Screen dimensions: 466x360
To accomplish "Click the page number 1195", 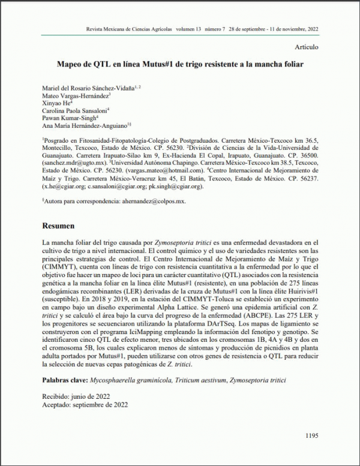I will [x=311, y=435].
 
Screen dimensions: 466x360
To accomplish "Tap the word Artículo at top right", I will [x=307, y=47].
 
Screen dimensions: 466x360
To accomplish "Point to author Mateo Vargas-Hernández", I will [x=76, y=95].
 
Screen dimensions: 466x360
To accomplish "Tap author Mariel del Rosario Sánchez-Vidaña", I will [x=90, y=88].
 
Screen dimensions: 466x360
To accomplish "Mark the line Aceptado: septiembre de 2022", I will [x=85, y=405].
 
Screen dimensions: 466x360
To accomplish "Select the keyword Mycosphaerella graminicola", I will [x=130, y=381].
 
